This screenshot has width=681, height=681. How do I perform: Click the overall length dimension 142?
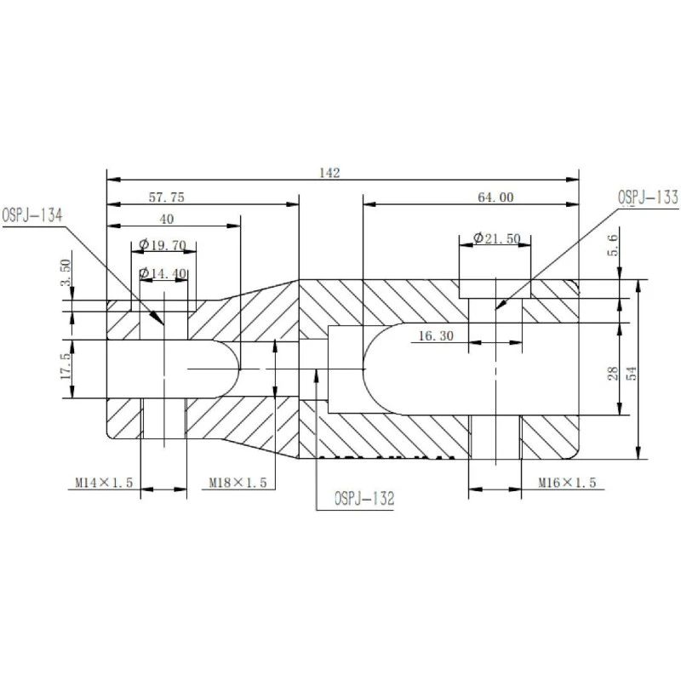(x=330, y=173)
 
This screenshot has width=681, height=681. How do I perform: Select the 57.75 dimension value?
(x=167, y=197)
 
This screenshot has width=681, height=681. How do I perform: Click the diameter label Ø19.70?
(x=162, y=245)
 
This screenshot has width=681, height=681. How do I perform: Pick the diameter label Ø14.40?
(x=162, y=273)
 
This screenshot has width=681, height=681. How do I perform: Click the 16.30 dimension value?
(x=435, y=336)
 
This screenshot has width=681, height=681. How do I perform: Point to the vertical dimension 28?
(x=615, y=372)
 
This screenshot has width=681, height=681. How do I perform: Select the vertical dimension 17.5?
(x=66, y=370)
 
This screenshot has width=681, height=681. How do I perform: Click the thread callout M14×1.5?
(x=103, y=483)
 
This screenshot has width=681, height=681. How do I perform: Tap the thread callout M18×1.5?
(x=238, y=483)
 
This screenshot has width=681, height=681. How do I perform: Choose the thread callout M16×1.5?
(x=567, y=483)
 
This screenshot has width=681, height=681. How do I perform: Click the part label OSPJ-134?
(x=31, y=215)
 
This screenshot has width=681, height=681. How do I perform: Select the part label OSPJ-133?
(x=648, y=198)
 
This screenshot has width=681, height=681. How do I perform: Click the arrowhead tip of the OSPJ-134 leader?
(x=163, y=324)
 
